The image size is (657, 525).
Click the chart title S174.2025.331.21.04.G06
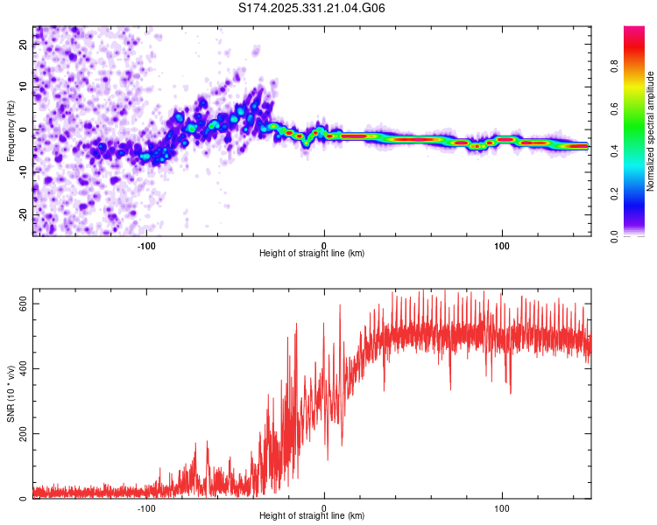[x=313, y=8]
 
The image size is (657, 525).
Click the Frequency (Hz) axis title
[x=11, y=130]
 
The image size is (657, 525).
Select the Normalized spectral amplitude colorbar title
[x=650, y=131]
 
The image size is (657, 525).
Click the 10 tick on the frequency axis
[x=24, y=87]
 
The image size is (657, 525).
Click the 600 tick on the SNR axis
[x=24, y=303]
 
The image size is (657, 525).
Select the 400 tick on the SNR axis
[x=24, y=368]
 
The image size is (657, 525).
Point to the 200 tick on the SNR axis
[x=24, y=434]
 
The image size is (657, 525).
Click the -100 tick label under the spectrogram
[x=145, y=244]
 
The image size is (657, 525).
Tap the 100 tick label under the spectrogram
[x=502, y=244]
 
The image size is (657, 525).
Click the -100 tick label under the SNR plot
[x=145, y=507]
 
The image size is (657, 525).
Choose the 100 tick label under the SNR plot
[x=502, y=507]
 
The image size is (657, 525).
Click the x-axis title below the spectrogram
[x=312, y=254]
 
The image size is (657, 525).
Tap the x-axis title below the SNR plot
[x=312, y=517]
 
